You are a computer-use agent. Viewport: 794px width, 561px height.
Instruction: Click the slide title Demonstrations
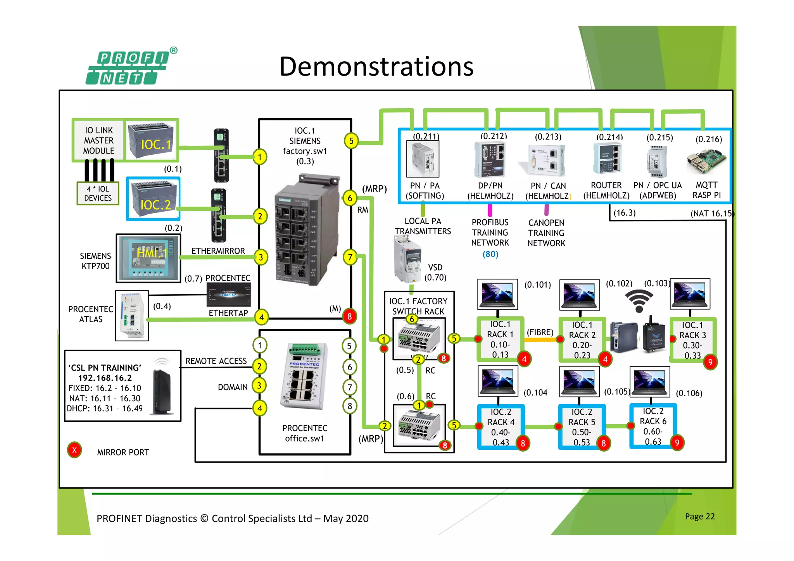(376, 67)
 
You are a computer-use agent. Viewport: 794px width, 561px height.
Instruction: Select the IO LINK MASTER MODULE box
(99, 140)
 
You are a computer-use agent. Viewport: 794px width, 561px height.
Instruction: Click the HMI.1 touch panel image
(149, 258)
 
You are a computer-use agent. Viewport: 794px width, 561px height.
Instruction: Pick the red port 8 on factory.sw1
(349, 316)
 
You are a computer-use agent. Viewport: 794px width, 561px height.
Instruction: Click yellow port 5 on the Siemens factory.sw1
(351, 141)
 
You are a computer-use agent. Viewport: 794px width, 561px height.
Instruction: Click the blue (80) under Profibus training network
(490, 254)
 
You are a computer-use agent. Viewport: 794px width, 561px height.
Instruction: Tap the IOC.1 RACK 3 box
(692, 340)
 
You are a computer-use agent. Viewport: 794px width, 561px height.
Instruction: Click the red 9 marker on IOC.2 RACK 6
(677, 443)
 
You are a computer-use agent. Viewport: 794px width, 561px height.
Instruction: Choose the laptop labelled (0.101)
(497, 294)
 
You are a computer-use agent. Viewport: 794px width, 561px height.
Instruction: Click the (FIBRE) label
(540, 332)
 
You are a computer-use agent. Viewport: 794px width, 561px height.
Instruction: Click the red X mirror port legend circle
(74, 450)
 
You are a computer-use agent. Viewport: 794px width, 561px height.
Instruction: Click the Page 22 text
(699, 516)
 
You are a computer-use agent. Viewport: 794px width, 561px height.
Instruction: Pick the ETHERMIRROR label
(218, 251)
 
